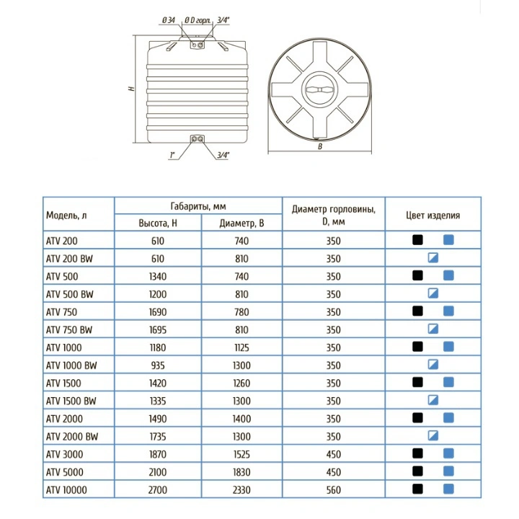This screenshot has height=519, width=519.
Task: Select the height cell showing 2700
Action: click(158, 489)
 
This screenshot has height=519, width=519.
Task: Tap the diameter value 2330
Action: click(241, 489)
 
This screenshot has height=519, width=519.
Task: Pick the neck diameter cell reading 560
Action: click(333, 489)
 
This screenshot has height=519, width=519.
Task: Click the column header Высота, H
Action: click(158, 223)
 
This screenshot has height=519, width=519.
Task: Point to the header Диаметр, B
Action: click(241, 223)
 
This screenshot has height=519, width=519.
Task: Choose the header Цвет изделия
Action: click(432, 215)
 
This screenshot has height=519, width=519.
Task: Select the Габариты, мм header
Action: click(199, 205)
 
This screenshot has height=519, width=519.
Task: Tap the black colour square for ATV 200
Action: click(417, 240)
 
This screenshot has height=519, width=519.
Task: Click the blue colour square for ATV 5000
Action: click(448, 471)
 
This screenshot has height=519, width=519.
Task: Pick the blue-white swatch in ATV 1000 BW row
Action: click(432, 364)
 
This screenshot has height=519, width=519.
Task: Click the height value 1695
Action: click(158, 329)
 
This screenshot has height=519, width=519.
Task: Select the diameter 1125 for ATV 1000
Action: click(241, 347)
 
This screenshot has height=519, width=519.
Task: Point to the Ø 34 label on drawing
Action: click(170, 22)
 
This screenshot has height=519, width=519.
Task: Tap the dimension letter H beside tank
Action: click(132, 90)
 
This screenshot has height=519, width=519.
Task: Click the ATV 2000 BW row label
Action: click(72, 435)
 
